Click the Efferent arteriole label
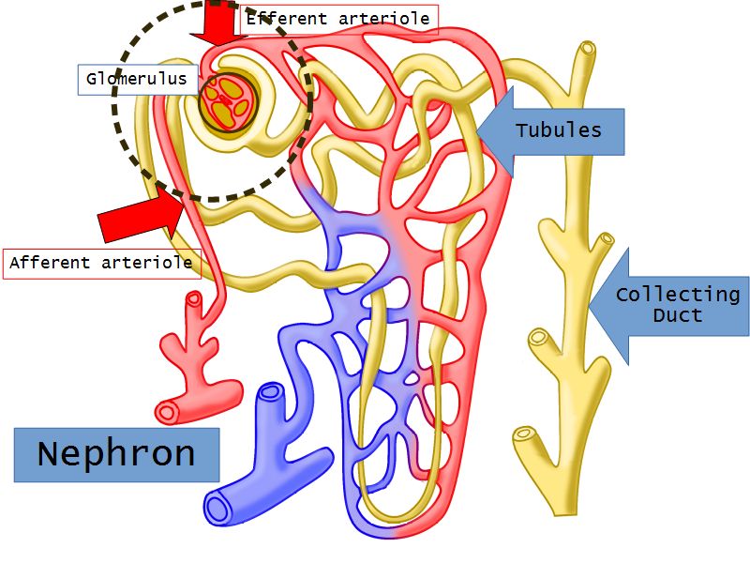pyautogui.click(x=338, y=19)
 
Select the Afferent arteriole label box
pyautogui.click(x=101, y=263)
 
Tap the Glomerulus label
pyautogui.click(x=137, y=79)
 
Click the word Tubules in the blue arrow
pyautogui.click(x=558, y=129)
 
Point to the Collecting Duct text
pyautogui.click(x=677, y=304)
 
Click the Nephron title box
pyautogui.click(x=116, y=454)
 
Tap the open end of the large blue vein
pyautogui.click(x=218, y=509)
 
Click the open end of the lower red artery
pyautogui.click(x=169, y=411)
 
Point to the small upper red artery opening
pyautogui.click(x=194, y=299)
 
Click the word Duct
pyautogui.click(x=677, y=315)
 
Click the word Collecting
pyautogui.click(x=677, y=295)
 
